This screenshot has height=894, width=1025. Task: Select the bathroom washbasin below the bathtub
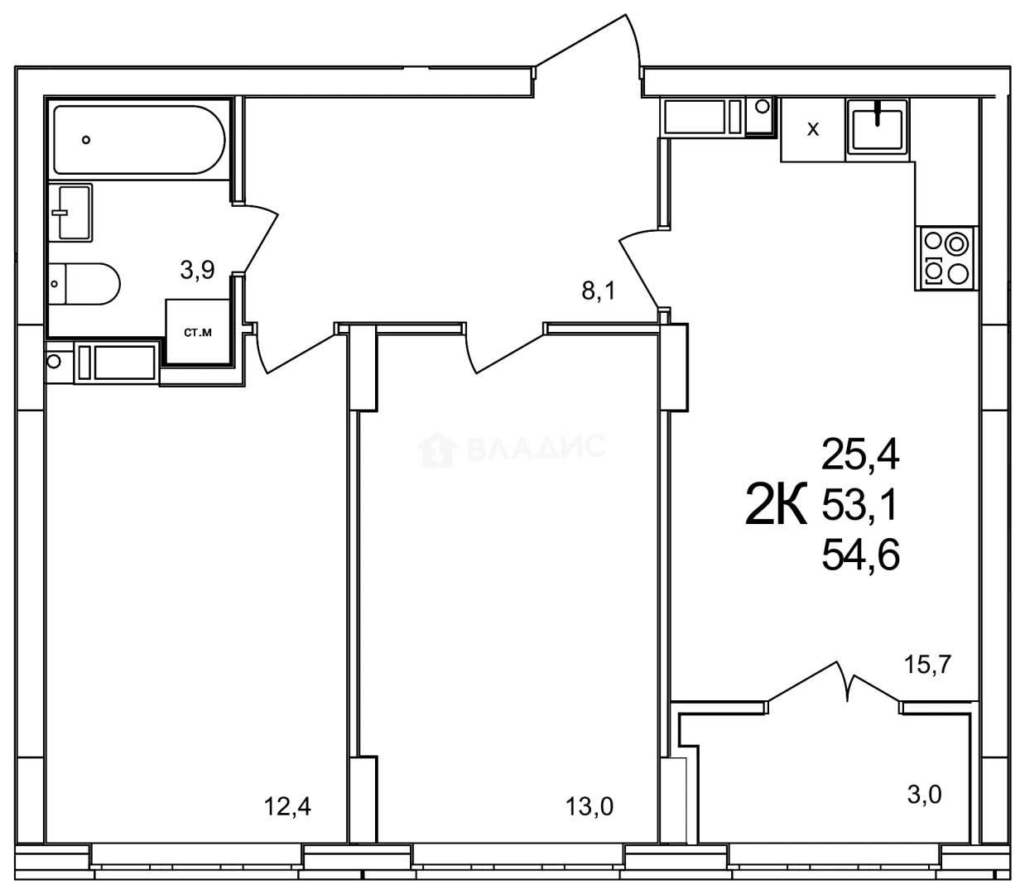coord(70,212)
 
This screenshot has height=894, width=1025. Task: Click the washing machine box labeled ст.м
coord(198,333)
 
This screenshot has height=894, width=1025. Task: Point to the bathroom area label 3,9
coord(198,269)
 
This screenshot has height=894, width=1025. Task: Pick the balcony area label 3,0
coord(925,795)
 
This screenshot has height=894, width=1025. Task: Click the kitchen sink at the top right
coord(878,127)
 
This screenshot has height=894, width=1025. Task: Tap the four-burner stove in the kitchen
coord(946,258)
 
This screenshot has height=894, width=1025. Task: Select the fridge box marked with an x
coord(813,130)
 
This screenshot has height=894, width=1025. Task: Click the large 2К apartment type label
coord(776,505)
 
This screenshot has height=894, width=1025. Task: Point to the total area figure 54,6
coord(860,555)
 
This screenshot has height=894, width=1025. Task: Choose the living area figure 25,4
coord(860,454)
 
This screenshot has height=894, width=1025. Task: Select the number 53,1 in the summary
coord(860,504)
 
